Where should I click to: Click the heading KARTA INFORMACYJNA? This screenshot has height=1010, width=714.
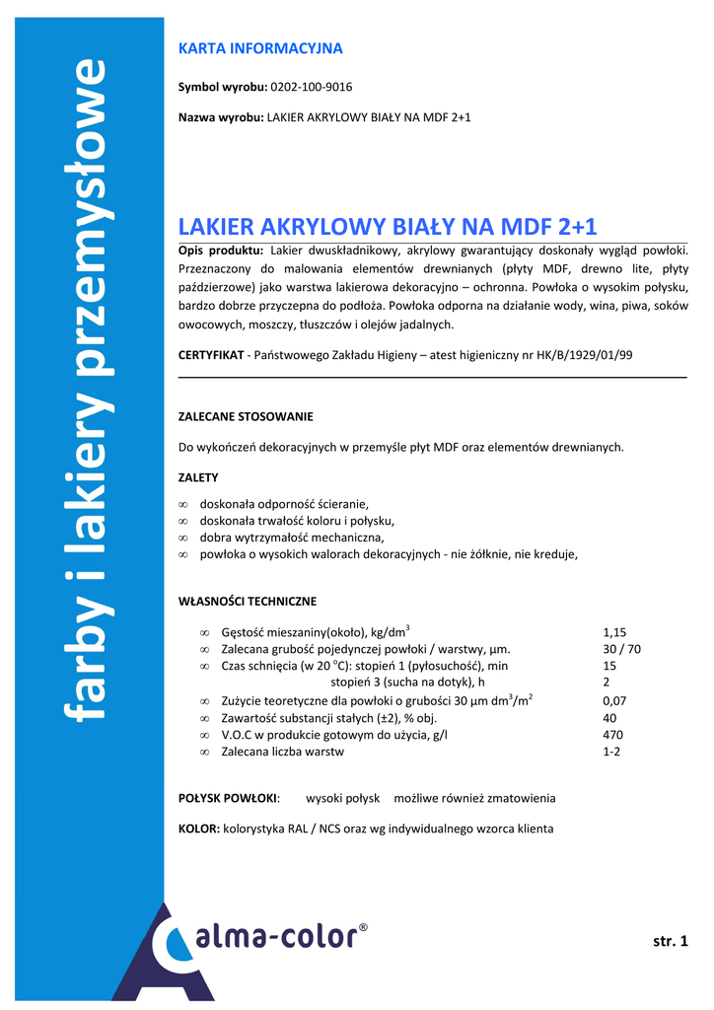point(260,47)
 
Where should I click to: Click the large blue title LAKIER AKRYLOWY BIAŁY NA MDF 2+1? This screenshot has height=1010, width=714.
point(388,226)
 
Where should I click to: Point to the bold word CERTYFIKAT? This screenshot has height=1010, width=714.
point(210,354)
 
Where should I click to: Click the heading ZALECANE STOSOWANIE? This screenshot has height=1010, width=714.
point(246,416)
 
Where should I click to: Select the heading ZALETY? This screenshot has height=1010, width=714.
point(198,477)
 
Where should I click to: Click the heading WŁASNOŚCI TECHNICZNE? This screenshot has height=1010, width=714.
point(248,601)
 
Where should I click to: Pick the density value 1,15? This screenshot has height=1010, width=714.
point(614,632)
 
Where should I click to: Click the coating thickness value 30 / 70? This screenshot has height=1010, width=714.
point(621,649)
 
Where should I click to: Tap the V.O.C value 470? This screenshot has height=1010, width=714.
point(611,735)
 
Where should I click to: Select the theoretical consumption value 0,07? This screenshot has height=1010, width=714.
point(614,700)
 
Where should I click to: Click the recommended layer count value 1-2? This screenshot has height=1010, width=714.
point(611,752)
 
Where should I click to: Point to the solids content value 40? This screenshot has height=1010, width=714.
point(608,718)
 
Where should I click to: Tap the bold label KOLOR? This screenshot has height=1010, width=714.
point(199,829)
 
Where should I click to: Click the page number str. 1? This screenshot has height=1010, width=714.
point(670,941)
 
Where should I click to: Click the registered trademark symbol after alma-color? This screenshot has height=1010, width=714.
point(362,928)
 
